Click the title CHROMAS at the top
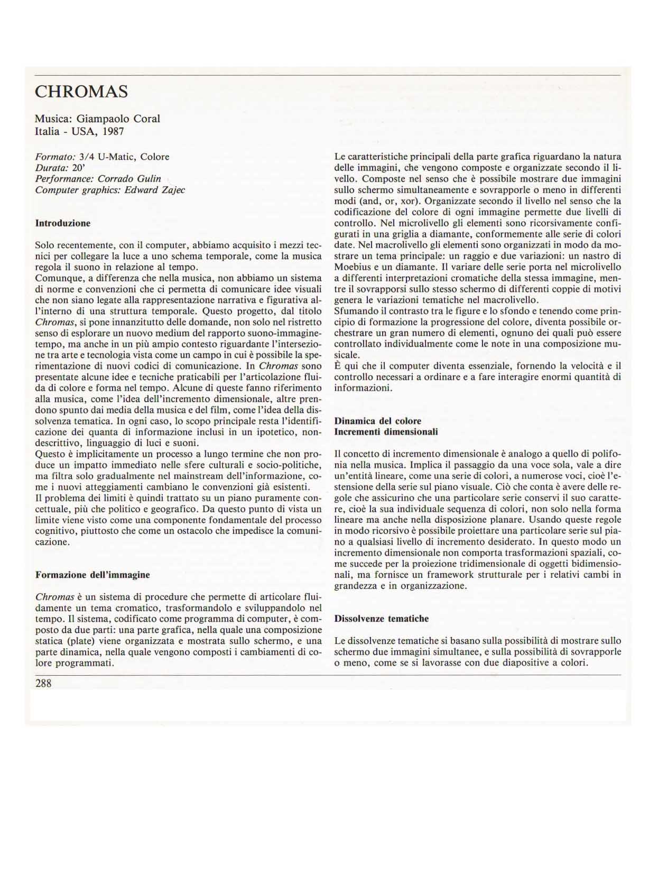click(x=81, y=92)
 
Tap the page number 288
click(x=43, y=683)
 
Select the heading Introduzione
click(x=62, y=223)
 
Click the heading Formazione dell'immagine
click(x=92, y=575)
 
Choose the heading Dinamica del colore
click(x=377, y=421)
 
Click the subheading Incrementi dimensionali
click(x=386, y=432)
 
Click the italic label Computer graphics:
click(x=78, y=190)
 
